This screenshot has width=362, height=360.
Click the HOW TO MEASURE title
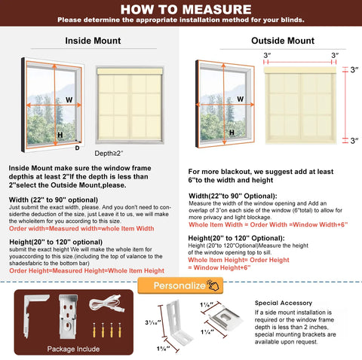180,9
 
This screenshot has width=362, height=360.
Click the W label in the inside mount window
69,99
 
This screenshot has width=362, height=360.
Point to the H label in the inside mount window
60,133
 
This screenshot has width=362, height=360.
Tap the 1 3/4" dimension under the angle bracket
164,349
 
